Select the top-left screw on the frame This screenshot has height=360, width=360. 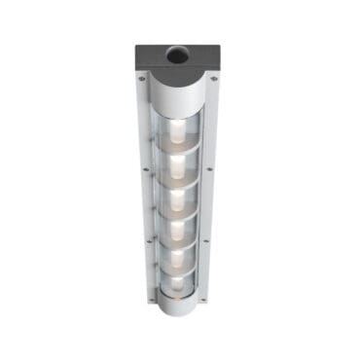click(142, 79)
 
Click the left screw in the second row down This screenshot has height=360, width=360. click(147, 170)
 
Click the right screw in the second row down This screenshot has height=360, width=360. click(211, 170)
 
